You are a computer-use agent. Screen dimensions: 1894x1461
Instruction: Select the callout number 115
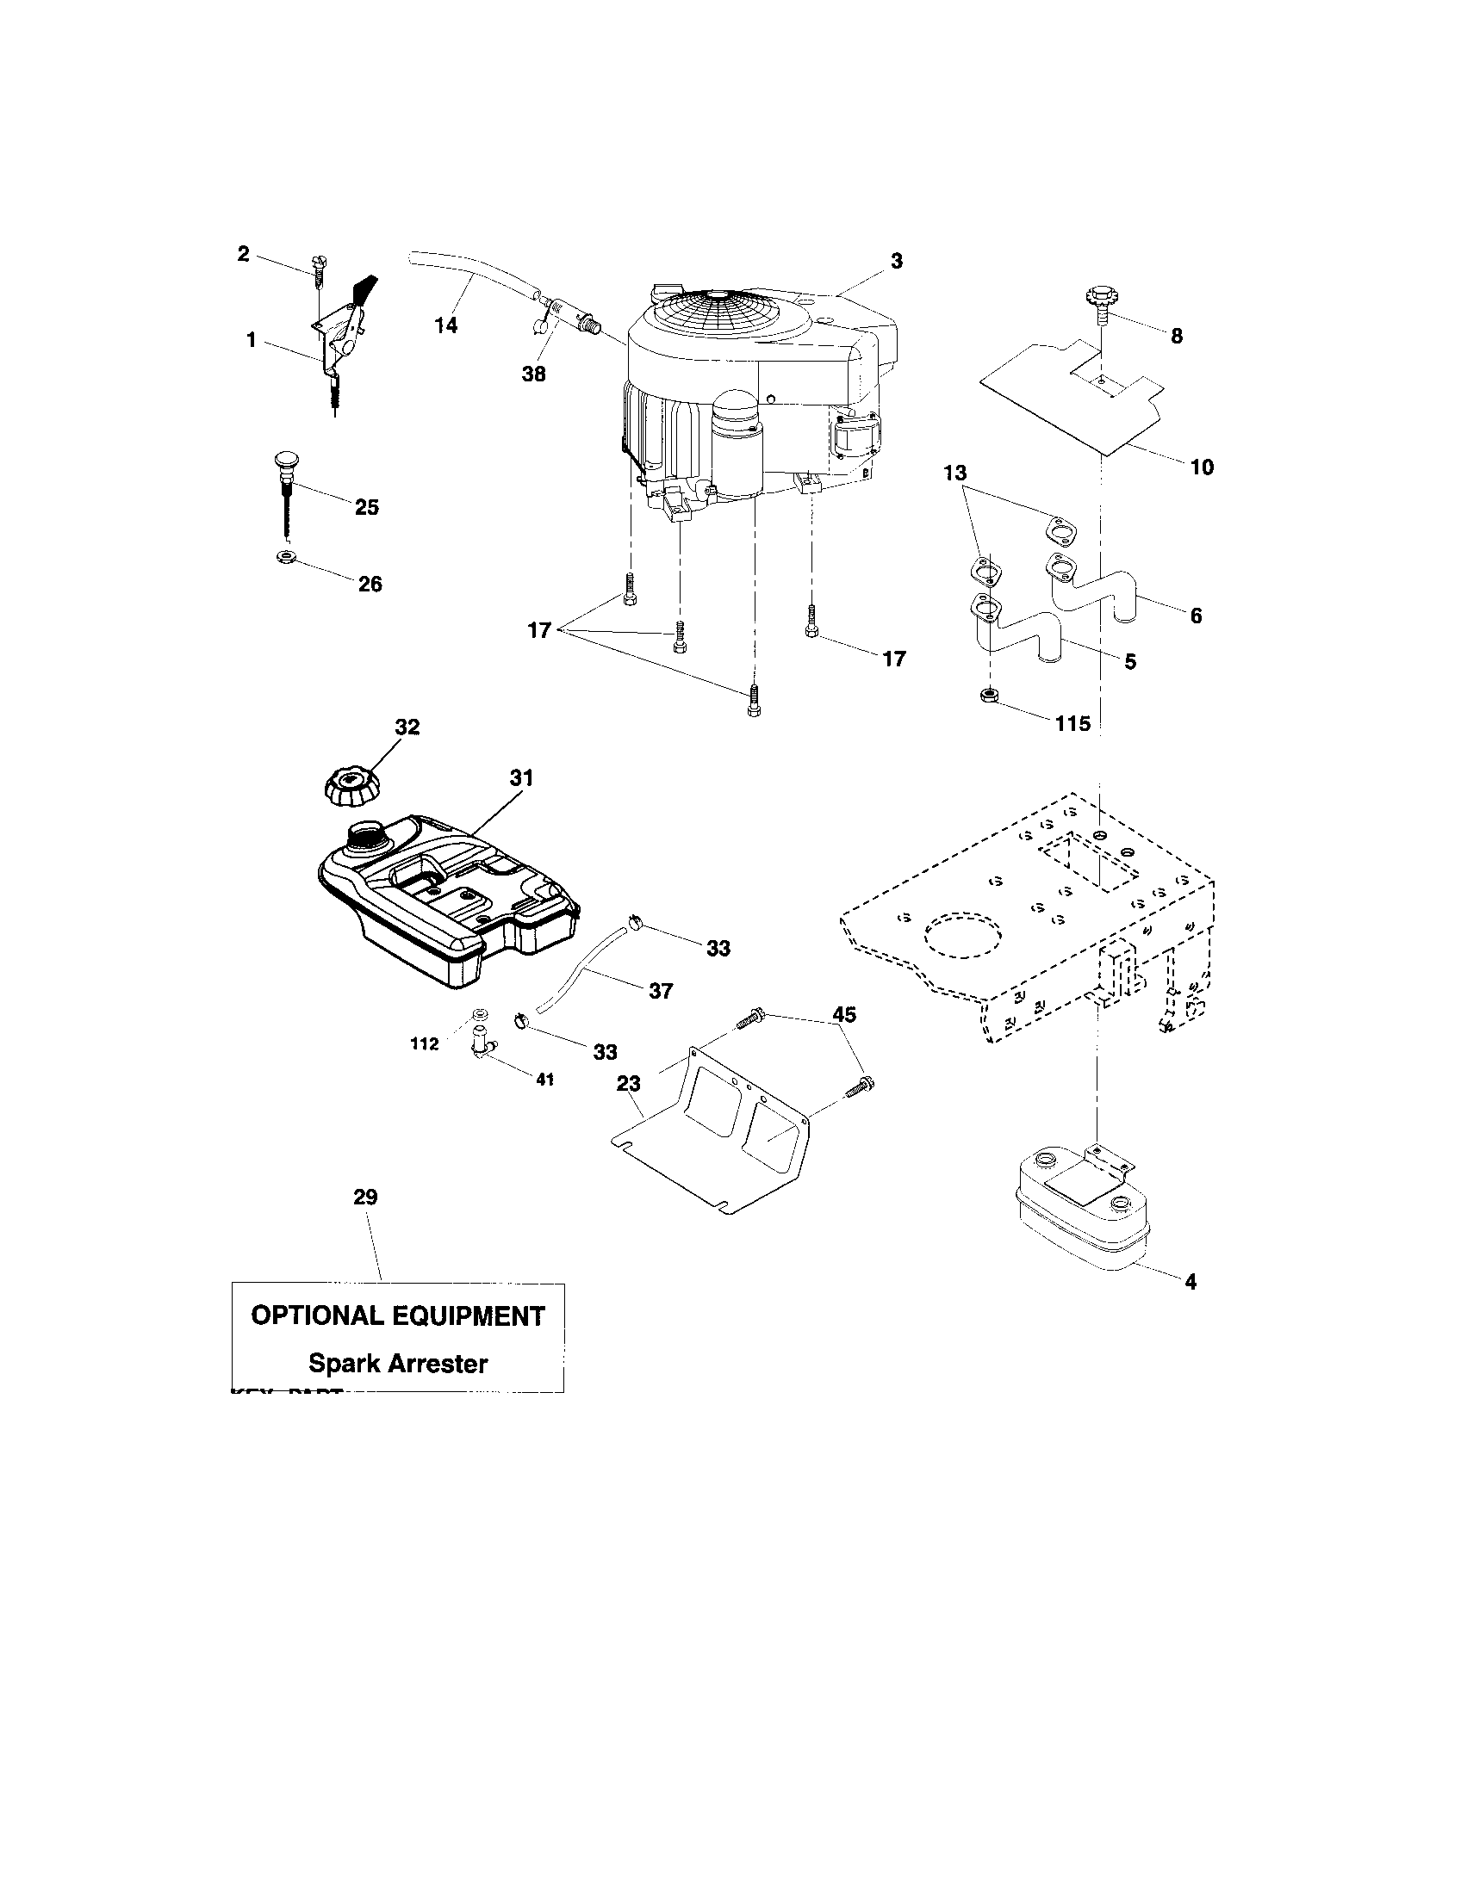coord(1072,723)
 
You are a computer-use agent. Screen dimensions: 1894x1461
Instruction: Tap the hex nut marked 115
coord(987,695)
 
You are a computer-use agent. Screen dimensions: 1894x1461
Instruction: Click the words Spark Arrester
coord(398,1364)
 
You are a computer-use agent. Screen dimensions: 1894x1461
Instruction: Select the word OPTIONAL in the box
coord(316,1315)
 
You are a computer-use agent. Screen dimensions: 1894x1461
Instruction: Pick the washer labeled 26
coord(283,556)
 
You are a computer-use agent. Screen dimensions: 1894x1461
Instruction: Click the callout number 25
coord(367,507)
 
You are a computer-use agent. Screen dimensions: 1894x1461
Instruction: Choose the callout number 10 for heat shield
coord(1202,467)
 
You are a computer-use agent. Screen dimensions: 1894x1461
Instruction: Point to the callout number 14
coord(446,326)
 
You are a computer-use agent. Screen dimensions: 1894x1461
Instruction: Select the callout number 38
coord(534,374)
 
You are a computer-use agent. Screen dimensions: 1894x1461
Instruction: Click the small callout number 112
coord(425,1044)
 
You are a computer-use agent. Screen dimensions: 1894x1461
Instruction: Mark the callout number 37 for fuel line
coord(661,990)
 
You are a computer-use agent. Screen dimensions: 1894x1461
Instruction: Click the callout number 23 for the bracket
coord(629,1083)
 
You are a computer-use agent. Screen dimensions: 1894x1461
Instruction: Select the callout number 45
coord(844,1014)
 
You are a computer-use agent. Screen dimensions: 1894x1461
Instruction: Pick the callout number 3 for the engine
coord(896,260)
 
